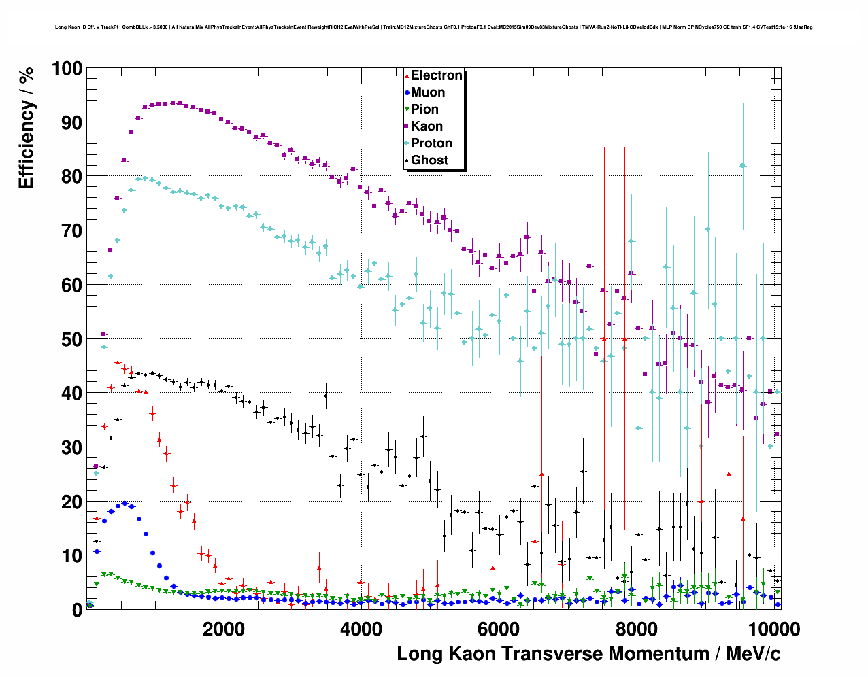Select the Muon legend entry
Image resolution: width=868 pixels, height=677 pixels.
coord(427,92)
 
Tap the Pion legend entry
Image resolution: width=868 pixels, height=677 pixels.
coord(424,109)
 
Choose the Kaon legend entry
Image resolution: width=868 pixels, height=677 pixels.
coord(426,126)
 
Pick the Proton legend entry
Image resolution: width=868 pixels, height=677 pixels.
coord(431,143)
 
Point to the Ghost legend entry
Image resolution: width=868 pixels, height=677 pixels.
coord(429,160)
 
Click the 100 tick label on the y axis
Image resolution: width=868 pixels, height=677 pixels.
coord(67,69)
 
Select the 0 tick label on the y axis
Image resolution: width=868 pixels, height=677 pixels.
coord(77,610)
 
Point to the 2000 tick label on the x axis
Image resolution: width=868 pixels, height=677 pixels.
coord(223,629)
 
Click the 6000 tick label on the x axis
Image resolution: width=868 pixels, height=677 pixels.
coord(499,629)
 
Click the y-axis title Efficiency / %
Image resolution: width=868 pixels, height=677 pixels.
coord(26,128)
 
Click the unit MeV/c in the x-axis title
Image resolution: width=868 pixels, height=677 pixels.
coord(753,654)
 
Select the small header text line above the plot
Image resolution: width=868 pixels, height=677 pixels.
coord(433,27)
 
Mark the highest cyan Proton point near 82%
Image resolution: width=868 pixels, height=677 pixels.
coord(743,165)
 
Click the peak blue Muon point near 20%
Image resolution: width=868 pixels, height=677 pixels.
coord(124,504)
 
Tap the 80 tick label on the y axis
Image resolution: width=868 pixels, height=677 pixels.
coord(71,177)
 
